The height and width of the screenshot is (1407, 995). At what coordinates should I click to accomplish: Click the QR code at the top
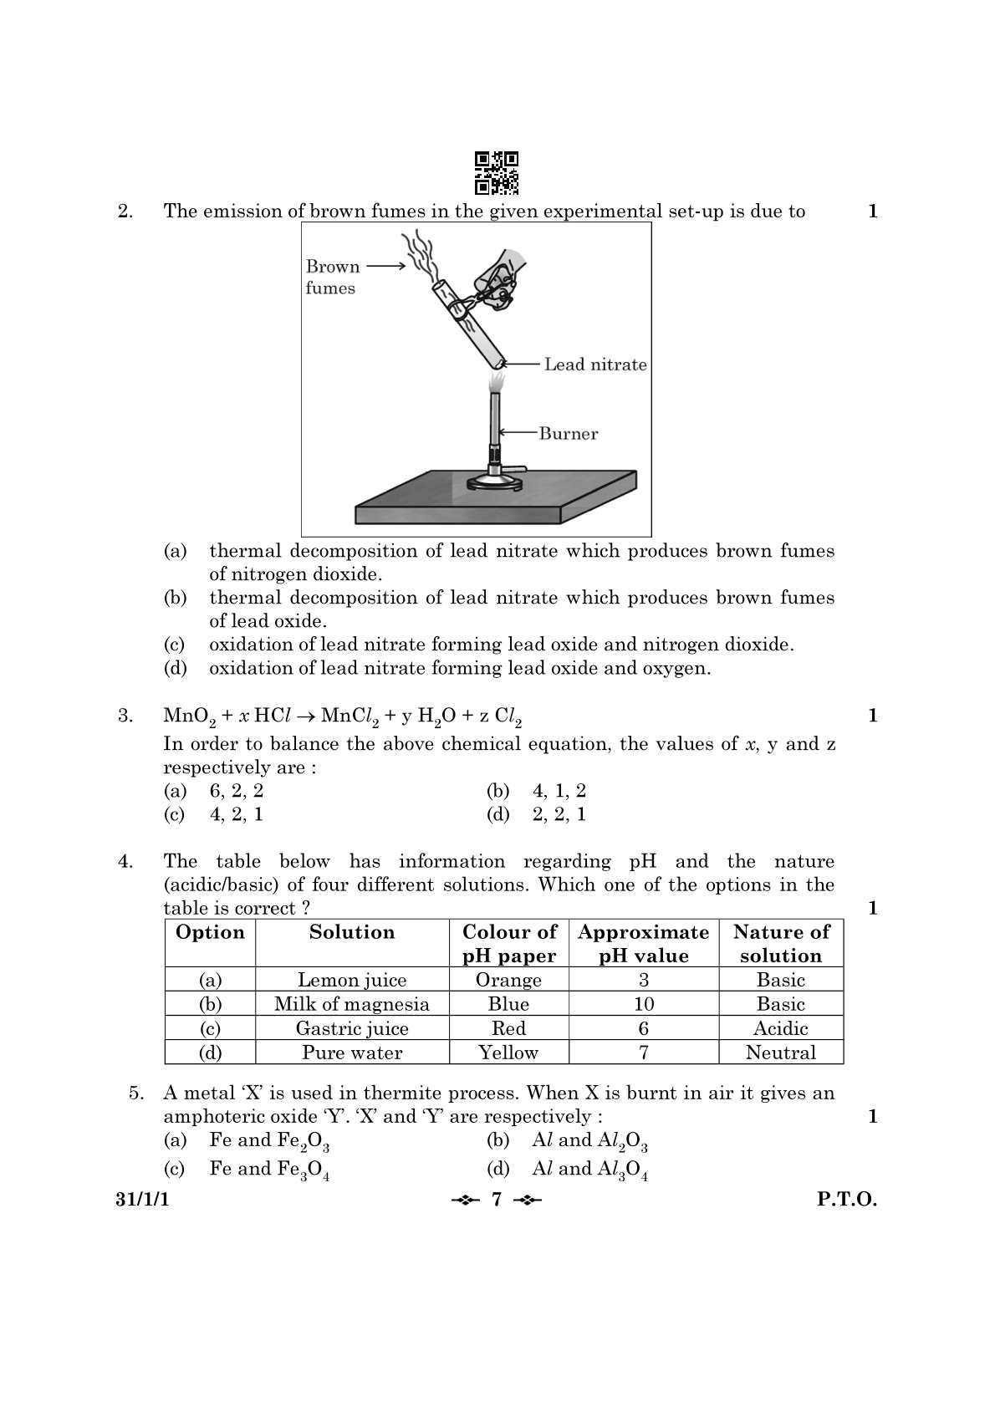[497, 173]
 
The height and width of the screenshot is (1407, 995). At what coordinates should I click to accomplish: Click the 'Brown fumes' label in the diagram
[332, 277]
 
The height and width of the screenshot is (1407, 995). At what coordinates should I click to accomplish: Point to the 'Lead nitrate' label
[594, 364]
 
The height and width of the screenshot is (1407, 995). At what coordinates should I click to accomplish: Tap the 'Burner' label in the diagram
[568, 433]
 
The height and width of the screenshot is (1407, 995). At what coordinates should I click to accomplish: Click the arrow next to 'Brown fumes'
[385, 266]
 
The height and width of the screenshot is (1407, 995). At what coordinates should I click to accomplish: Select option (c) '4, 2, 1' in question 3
[236, 814]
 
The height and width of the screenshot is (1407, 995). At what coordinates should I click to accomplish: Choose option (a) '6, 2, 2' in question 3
[236, 791]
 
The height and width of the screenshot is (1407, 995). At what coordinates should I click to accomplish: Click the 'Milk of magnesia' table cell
[351, 1004]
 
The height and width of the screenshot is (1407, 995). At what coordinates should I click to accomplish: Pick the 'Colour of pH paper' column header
[508, 943]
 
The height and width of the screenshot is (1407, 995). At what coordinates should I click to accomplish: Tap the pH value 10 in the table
[643, 1004]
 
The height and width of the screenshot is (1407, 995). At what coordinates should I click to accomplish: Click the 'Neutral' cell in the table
[780, 1053]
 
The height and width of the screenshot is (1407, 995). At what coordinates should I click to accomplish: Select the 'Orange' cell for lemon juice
[508, 980]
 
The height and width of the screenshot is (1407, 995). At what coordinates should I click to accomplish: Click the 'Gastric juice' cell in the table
[351, 1028]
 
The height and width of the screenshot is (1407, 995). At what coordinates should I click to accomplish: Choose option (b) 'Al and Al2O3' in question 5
[589, 1141]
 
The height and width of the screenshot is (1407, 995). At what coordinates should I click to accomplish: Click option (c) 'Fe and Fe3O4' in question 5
[268, 1170]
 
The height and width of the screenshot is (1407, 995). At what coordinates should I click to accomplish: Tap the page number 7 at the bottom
[497, 1200]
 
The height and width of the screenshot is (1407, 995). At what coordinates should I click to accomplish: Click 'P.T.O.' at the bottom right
[846, 1200]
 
